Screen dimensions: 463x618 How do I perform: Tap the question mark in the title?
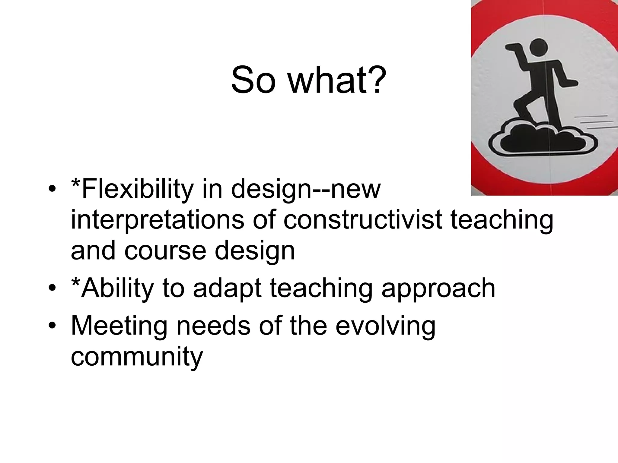point(376,80)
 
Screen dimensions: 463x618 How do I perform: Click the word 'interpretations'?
point(157,220)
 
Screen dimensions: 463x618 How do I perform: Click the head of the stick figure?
point(539,48)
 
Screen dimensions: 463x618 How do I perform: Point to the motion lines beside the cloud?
point(596,122)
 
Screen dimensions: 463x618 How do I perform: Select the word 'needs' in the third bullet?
point(213,326)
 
